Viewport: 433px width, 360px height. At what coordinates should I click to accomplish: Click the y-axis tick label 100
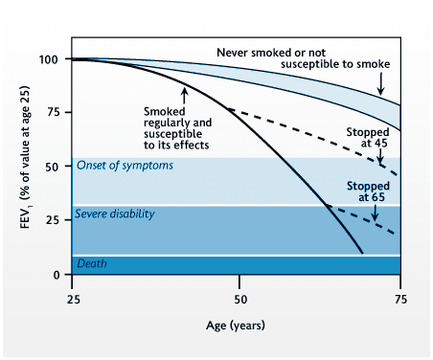click(x=54, y=59)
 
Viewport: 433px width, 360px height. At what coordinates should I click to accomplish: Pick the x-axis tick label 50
click(x=239, y=299)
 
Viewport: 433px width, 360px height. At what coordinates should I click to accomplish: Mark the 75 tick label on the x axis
click(x=400, y=299)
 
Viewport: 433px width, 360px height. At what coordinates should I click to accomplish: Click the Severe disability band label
click(x=117, y=214)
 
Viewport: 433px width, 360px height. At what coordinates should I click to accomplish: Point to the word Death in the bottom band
click(x=94, y=262)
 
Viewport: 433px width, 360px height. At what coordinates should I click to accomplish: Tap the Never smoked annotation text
click(x=306, y=57)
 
